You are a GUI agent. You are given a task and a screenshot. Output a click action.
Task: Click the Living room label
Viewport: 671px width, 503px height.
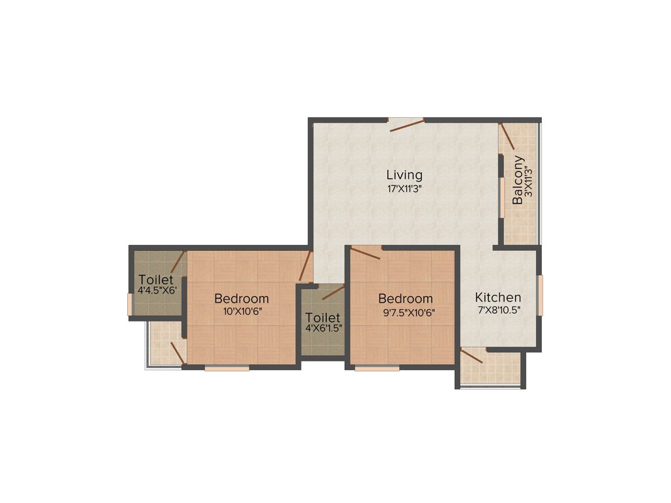coord(404,175)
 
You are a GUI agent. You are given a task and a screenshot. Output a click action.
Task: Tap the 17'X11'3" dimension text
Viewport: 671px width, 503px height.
coord(404,189)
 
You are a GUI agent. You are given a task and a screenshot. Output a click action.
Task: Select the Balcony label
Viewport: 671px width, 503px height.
coord(518,180)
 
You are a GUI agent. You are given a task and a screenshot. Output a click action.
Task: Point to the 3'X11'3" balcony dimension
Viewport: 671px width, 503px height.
coord(527,185)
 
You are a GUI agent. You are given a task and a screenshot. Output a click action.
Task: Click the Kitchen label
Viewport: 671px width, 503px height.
coord(498,297)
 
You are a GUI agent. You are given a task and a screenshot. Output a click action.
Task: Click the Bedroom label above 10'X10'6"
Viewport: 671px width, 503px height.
coord(242,299)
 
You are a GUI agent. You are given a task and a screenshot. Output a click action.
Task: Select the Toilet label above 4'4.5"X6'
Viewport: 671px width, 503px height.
coord(155,280)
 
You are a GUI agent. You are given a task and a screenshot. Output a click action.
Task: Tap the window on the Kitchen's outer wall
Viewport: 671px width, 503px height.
coord(541,295)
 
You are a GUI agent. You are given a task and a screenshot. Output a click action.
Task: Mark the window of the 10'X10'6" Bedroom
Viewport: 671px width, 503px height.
coord(227,368)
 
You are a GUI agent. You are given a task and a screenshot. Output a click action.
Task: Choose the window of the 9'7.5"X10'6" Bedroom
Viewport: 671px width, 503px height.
coord(377,368)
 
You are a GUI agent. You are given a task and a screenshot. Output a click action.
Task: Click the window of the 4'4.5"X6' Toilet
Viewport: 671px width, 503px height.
coord(130,305)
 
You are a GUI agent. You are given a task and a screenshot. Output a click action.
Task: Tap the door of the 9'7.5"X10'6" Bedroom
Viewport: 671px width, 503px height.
coord(366,253)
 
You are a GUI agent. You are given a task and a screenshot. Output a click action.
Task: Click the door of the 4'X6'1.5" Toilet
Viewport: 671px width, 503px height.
coord(333,292)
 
